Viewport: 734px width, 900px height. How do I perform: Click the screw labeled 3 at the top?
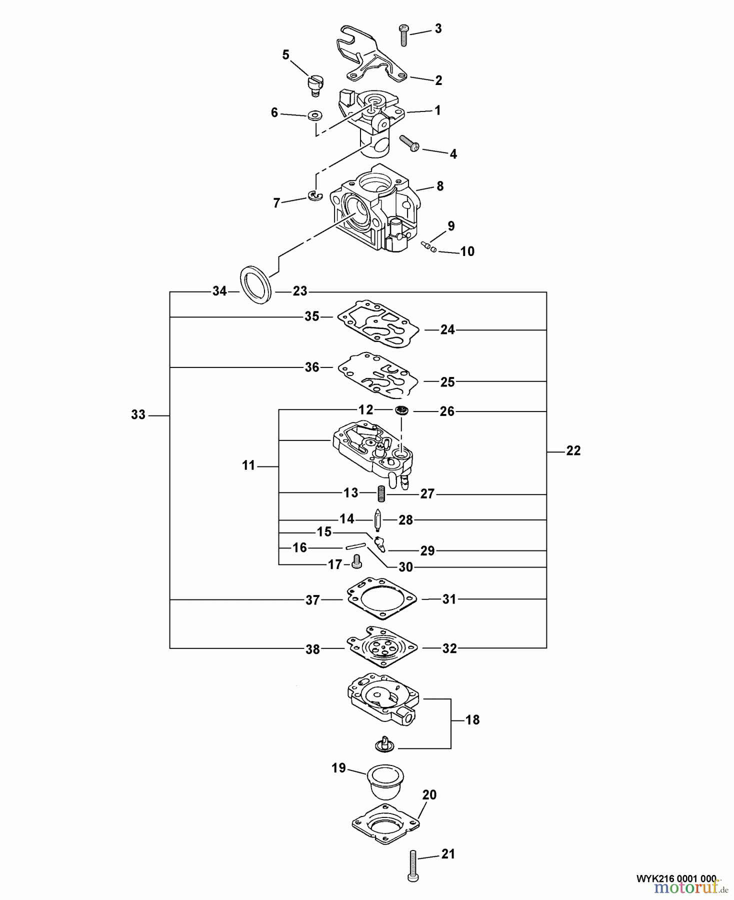[x=404, y=35]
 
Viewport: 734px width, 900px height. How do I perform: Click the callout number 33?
[x=138, y=414]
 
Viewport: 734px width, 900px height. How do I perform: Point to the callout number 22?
[x=573, y=450]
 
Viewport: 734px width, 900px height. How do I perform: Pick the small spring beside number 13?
[x=381, y=494]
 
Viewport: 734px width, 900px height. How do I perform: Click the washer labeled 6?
[x=314, y=115]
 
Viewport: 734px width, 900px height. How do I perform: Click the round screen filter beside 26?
[x=401, y=410]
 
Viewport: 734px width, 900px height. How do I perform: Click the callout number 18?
[x=472, y=720]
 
